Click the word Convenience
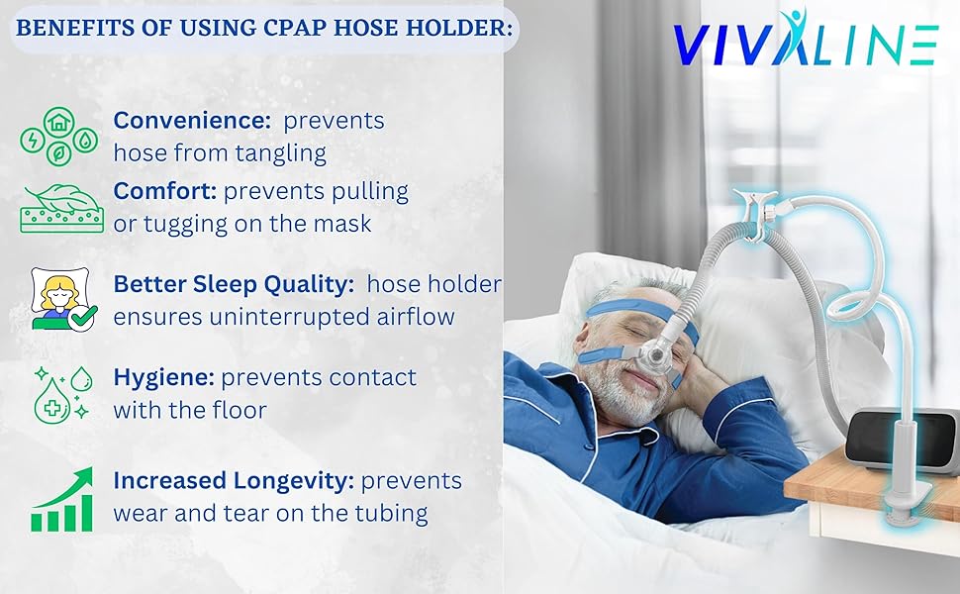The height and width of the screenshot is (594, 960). [192, 120]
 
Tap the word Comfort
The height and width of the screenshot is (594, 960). [164, 191]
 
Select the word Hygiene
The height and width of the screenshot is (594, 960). [163, 378]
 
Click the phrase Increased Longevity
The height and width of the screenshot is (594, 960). [234, 481]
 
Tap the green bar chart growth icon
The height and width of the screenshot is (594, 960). [61, 500]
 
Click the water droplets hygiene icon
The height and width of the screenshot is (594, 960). [62, 394]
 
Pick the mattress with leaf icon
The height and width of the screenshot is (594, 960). [61, 209]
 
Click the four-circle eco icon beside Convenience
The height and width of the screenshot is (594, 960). [58, 138]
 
